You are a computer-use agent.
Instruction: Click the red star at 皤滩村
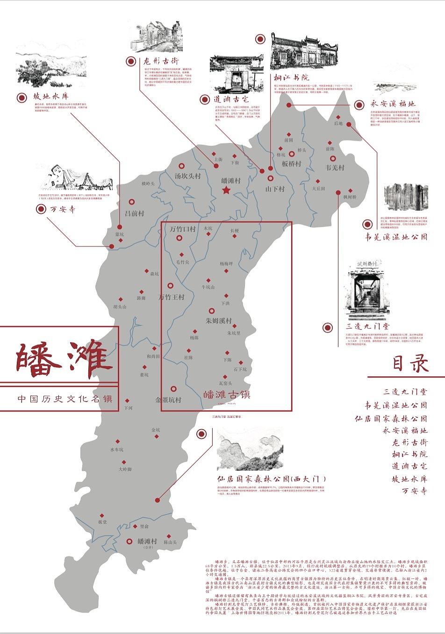(x=226, y=190)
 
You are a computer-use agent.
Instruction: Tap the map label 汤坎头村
(x=187, y=176)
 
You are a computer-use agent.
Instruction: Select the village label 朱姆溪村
(x=219, y=321)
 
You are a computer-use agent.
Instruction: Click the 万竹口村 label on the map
(x=182, y=229)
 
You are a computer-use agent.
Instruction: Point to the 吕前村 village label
(x=135, y=213)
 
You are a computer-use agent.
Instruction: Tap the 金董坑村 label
(x=168, y=400)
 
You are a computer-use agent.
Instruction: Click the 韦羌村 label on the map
(x=335, y=167)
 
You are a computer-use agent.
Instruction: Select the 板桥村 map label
(x=292, y=164)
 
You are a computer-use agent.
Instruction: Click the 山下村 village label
(x=275, y=189)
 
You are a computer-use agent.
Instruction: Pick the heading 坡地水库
(x=50, y=97)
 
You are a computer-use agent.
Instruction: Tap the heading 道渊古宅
(x=231, y=99)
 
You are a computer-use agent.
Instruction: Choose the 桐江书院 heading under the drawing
(x=291, y=77)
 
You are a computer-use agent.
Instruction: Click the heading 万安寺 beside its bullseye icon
(x=63, y=209)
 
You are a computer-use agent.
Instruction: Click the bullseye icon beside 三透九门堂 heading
(x=327, y=328)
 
